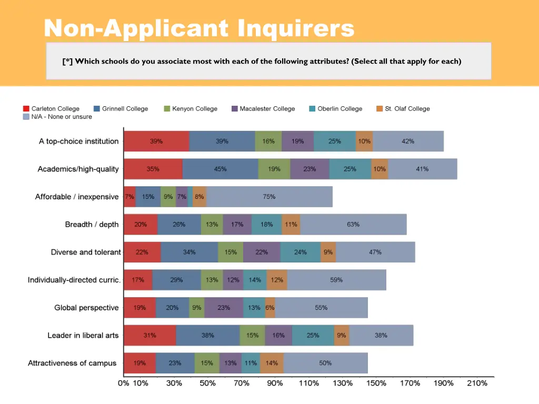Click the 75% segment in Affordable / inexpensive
pyautogui.click(x=269, y=197)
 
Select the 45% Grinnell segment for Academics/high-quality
pyautogui.click(x=220, y=169)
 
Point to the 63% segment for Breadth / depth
pyautogui.click(x=353, y=224)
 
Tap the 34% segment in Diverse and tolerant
pyautogui.click(x=189, y=252)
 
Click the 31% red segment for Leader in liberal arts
pyautogui.click(x=149, y=335)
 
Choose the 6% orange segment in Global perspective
pyautogui.click(x=270, y=308)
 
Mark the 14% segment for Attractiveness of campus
pyautogui.click(x=272, y=363)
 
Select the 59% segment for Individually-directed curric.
pyautogui.click(x=336, y=280)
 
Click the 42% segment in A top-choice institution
pyautogui.click(x=408, y=141)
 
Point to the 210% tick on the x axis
pyautogui.click(x=477, y=383)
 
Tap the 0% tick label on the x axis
pyautogui.click(x=124, y=383)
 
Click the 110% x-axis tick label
pyautogui.click(x=309, y=383)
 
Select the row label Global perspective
pyautogui.click(x=86, y=308)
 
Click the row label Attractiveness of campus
pyautogui.click(x=72, y=363)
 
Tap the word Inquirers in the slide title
pyautogui.click(x=296, y=28)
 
